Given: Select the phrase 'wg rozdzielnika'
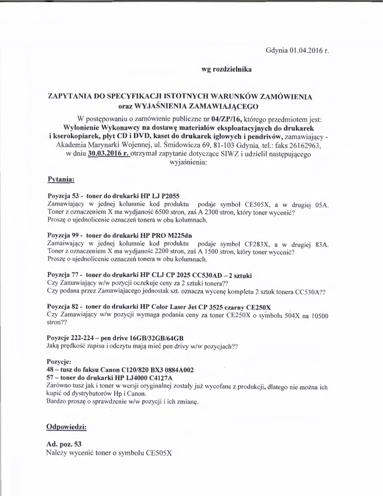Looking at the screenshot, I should click(226, 70).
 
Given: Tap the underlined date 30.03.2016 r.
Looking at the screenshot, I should click(109, 154).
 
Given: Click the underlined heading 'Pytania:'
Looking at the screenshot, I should click(61, 179).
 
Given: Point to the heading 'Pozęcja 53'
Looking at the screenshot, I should click(64, 196).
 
